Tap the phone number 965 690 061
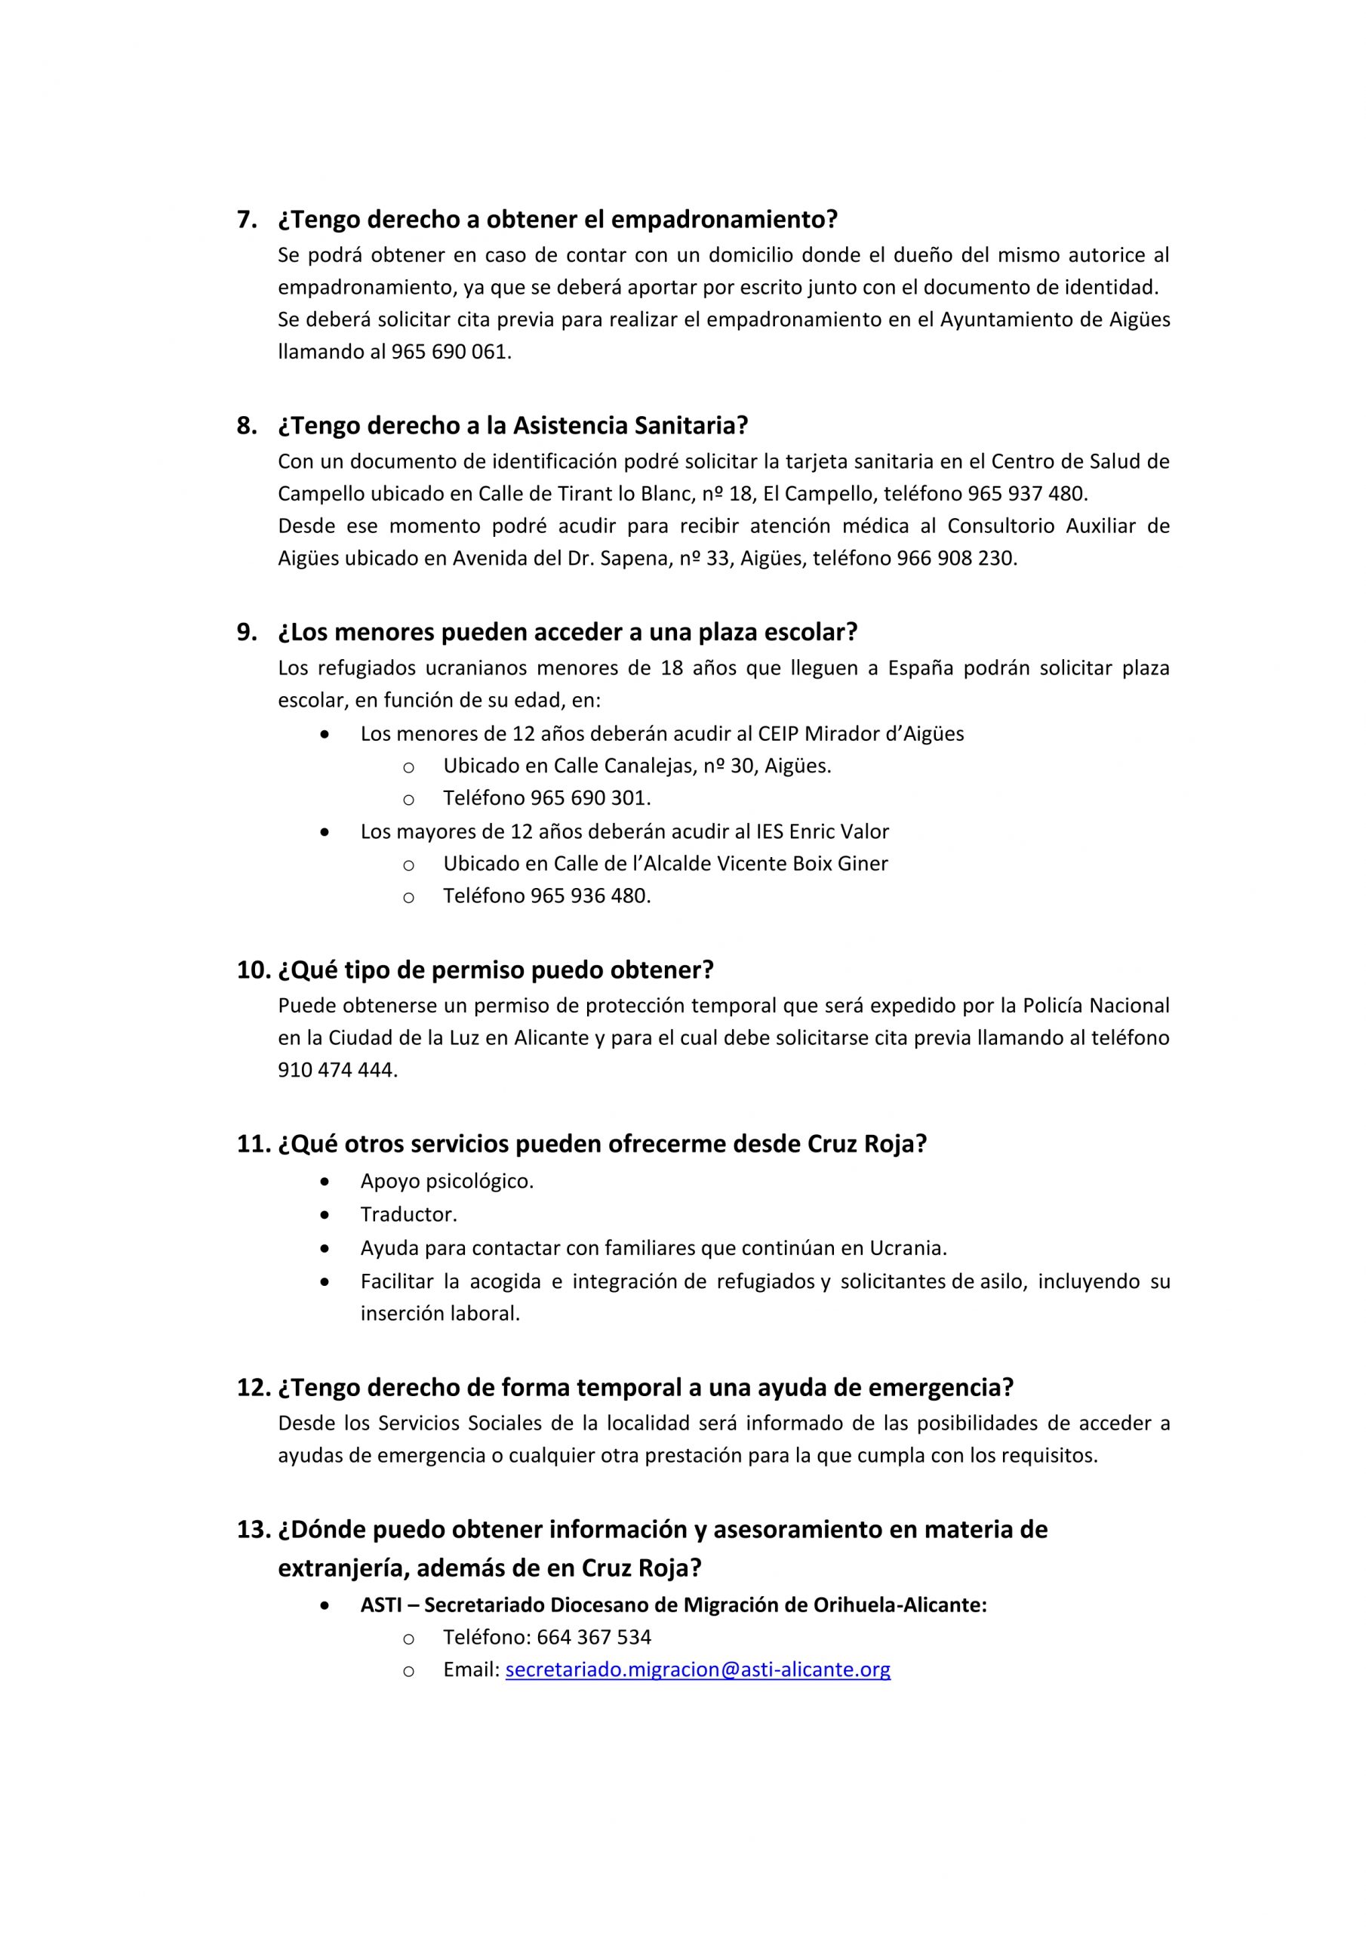click(x=451, y=352)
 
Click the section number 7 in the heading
click(x=246, y=220)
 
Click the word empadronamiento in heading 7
click(x=722, y=220)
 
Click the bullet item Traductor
click(x=408, y=1215)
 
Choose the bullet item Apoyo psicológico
click(x=447, y=1181)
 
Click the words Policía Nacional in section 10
click(x=1095, y=1006)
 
